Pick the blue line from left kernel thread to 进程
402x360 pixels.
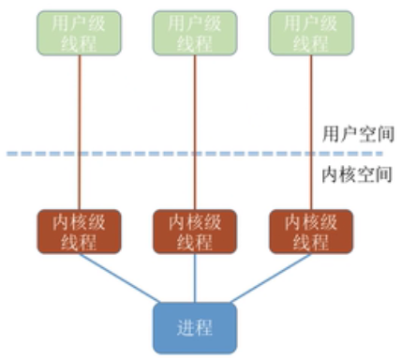[117, 277]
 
